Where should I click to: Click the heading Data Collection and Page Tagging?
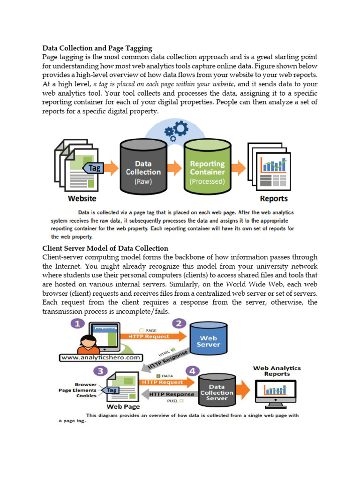click(x=97, y=48)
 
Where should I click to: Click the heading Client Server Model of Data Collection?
click(x=105, y=248)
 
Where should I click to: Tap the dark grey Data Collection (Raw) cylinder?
click(x=143, y=169)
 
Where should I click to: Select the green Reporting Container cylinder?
click(x=207, y=169)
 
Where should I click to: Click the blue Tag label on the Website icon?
click(x=94, y=167)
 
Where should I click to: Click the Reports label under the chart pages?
click(x=274, y=199)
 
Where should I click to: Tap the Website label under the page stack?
click(x=82, y=199)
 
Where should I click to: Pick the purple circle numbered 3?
click(x=99, y=371)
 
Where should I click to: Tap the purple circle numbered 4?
click(x=191, y=371)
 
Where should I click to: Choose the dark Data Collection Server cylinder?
click(x=217, y=390)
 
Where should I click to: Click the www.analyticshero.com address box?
click(x=101, y=358)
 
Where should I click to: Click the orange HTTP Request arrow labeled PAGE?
click(x=152, y=336)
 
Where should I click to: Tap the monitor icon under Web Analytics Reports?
click(x=276, y=391)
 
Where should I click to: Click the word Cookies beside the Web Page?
click(x=86, y=396)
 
